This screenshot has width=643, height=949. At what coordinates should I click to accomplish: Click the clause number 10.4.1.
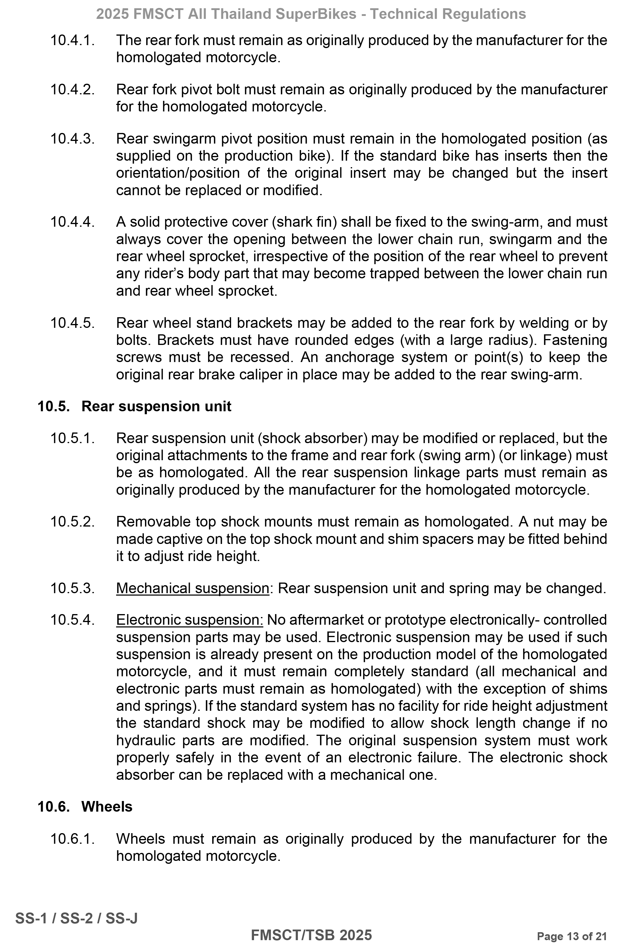point(72,40)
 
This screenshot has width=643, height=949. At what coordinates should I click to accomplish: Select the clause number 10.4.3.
point(72,139)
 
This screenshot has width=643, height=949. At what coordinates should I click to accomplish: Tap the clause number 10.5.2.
point(72,522)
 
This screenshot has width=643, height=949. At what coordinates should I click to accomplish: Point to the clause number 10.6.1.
point(72,839)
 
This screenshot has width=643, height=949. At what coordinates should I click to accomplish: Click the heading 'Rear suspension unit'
point(156,406)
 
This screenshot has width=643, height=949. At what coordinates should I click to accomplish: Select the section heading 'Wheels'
point(107,807)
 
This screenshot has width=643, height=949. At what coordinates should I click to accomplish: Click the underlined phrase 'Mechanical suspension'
point(192,588)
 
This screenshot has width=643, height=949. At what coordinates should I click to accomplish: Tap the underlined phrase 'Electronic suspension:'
point(190,620)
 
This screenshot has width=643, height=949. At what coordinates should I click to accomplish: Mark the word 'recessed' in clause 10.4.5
point(261,357)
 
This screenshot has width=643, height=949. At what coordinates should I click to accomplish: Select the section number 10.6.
point(53,807)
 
